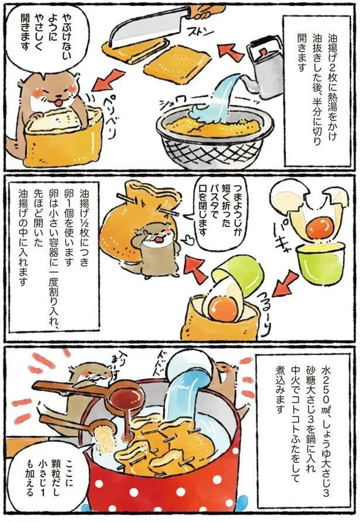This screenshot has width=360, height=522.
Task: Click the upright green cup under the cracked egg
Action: click(320, 263)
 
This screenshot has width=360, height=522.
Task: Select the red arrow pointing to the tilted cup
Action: click(285, 284)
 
